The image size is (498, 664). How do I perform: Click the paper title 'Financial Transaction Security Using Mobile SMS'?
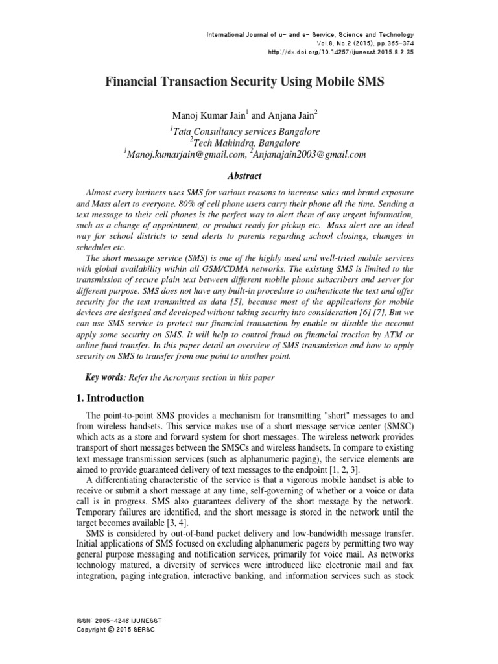pos(249,83)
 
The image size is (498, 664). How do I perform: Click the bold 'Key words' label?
pos(104,377)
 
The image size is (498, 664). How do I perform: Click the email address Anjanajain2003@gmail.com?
pos(299,154)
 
